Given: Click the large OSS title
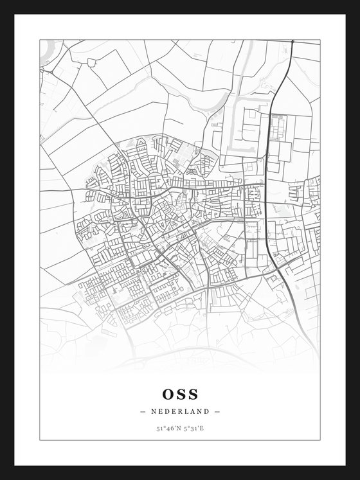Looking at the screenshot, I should click(180, 393).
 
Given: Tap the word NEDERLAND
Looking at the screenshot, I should click(180, 411).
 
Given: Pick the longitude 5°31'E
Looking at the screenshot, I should click(194, 428).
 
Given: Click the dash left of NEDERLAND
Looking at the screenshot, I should click(142, 411).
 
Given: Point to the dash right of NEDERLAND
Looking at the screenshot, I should click(217, 411).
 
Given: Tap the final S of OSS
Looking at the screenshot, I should click(193, 393).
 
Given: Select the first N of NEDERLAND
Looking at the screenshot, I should click(154, 411).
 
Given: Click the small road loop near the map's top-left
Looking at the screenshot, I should click(91, 62).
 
